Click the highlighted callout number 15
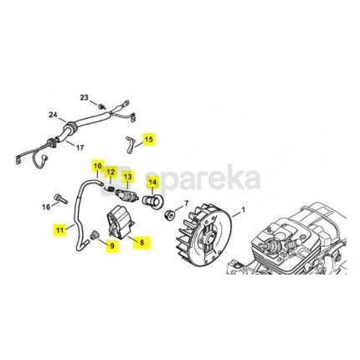(149, 139)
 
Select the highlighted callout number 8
(141, 242)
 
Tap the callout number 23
(84, 98)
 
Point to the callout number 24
(53, 115)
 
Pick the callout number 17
(80, 147)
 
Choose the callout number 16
(46, 207)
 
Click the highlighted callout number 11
(59, 230)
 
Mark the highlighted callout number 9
(112, 245)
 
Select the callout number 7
(187, 203)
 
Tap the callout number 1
(243, 209)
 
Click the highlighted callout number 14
(152, 183)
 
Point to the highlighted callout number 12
(111, 172)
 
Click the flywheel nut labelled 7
(169, 215)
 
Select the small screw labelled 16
(62, 198)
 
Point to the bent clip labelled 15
(130, 144)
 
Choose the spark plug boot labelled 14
(153, 202)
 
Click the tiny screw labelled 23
(101, 106)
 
